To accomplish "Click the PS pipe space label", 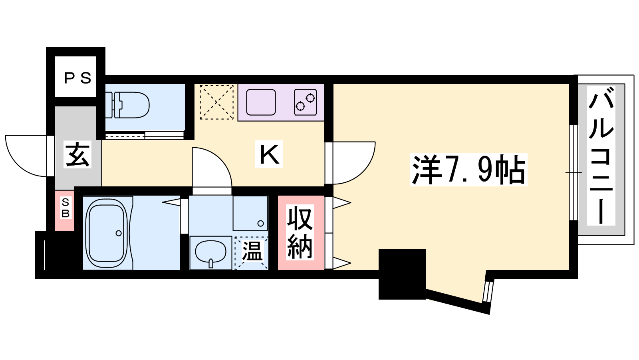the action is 77,78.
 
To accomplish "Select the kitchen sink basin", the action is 261,102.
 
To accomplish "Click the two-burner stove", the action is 306,102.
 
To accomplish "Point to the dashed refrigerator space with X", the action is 216,102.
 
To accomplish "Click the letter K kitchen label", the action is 269,154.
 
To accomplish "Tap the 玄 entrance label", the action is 77,154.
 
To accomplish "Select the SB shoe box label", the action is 65,208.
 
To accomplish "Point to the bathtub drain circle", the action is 119,233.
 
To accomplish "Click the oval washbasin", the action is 210,252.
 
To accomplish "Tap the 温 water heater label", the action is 252,251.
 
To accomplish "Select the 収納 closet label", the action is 300,232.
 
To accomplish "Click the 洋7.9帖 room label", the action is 468,170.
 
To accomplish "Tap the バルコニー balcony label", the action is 601,156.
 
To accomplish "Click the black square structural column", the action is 402,274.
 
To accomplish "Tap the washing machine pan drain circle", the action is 260,224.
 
